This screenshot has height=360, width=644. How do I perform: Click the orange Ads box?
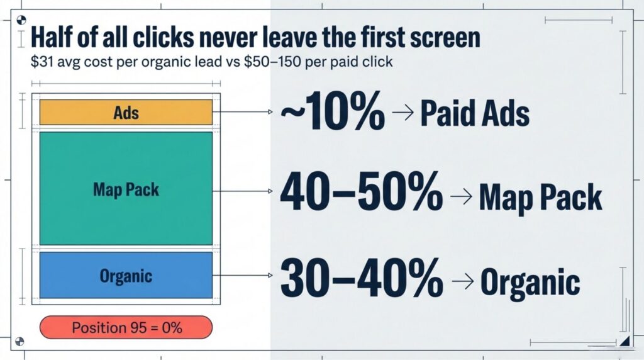(x=126, y=113)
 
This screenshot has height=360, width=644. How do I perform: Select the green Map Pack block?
(x=126, y=188)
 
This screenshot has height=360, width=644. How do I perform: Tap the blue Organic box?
(x=126, y=276)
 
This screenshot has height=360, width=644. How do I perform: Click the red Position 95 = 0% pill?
(x=126, y=327)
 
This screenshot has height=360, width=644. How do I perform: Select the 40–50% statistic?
(x=360, y=193)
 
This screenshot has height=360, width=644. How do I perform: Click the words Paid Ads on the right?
(x=474, y=115)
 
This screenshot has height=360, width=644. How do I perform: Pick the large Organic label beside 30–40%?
(x=530, y=282)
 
